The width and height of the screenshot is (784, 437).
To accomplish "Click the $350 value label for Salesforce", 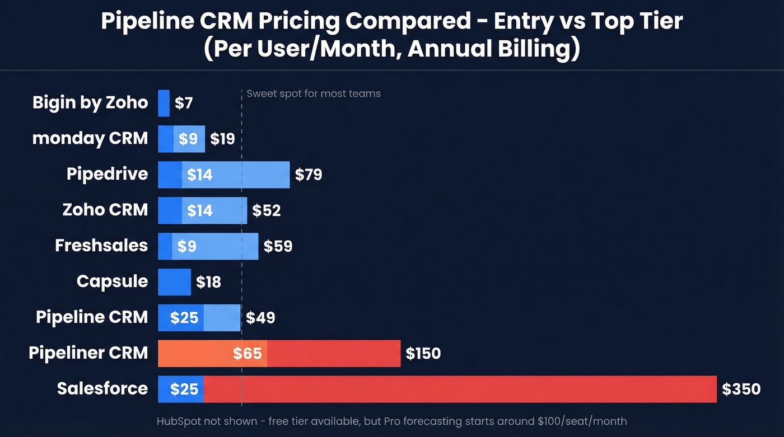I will [x=741, y=389].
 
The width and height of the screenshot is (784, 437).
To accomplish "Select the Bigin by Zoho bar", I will [x=164, y=103].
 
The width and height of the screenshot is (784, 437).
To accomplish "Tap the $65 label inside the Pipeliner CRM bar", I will [x=247, y=354].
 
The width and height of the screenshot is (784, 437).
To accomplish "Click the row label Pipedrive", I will [x=107, y=173].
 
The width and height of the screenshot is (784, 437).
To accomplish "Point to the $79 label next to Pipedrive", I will [x=309, y=175].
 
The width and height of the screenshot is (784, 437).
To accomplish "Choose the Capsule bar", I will [x=174, y=282].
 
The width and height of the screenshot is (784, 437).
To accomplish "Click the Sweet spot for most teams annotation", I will [x=314, y=93].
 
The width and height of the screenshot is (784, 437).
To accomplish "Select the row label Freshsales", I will [x=101, y=245].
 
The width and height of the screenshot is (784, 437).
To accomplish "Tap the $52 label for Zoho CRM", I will [x=266, y=210].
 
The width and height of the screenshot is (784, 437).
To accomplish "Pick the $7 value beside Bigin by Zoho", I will [x=184, y=103].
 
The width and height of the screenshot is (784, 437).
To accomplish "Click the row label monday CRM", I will [x=90, y=138].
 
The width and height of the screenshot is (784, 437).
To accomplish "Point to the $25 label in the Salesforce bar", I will [x=184, y=389].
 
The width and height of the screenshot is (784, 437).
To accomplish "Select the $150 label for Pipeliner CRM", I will [x=423, y=354].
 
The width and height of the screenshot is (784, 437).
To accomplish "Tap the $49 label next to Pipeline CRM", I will [x=260, y=318].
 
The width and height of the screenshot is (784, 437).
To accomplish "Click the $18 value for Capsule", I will [x=208, y=282].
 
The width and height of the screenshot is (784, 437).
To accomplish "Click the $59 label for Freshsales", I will [x=278, y=246].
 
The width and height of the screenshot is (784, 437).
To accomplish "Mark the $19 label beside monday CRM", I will [x=222, y=139].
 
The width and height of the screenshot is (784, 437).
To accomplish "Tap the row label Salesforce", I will [x=102, y=388].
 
